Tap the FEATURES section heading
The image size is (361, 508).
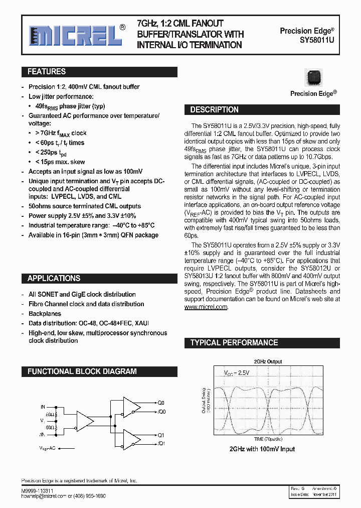47,72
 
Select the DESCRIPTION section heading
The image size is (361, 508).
214,109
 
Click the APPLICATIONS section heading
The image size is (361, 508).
54,278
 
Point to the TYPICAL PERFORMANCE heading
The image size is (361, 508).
234,342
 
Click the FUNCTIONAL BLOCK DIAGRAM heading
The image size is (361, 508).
82,371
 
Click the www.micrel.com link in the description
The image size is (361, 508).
206,307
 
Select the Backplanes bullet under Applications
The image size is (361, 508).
45,314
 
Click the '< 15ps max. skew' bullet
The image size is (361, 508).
60,162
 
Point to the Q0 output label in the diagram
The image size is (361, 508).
161,403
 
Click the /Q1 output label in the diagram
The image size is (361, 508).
161,443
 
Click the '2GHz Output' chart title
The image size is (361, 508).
267,361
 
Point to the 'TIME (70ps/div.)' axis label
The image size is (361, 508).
268,439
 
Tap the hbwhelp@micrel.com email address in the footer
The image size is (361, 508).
44,495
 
